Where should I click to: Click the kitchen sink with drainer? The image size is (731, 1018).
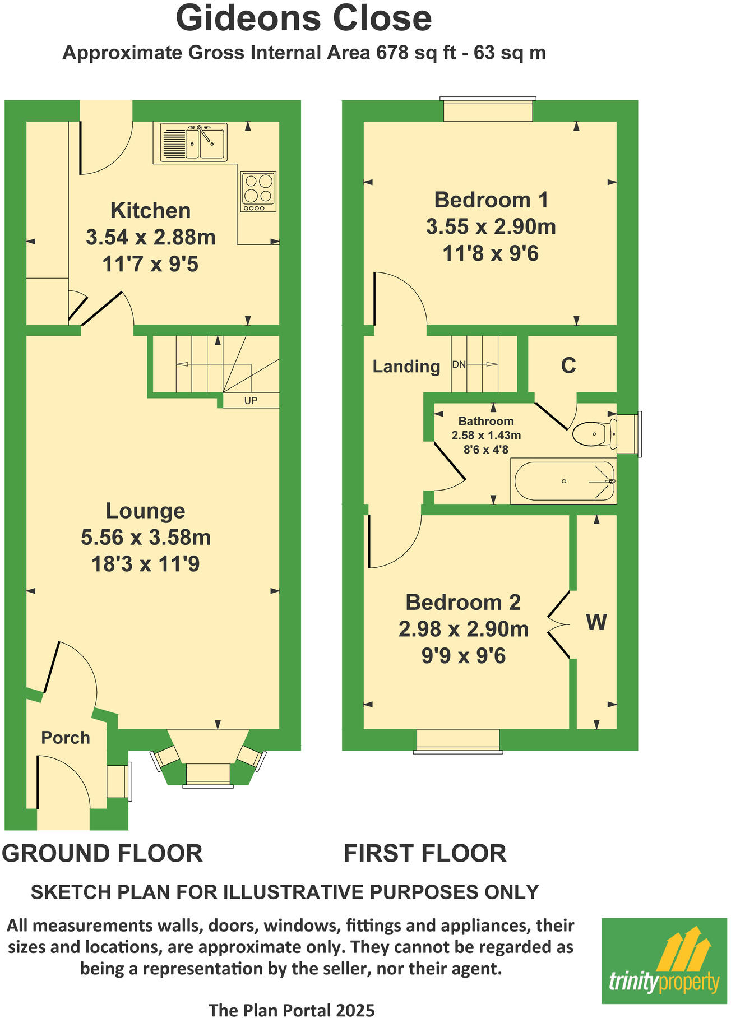tap(193, 142)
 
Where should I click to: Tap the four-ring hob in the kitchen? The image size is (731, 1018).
tap(258, 191)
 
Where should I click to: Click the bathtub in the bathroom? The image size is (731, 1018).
tap(563, 481)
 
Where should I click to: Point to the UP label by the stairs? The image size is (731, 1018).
tap(251, 401)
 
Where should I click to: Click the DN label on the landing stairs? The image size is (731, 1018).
tap(459, 365)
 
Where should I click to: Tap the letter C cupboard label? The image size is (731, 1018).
tap(568, 365)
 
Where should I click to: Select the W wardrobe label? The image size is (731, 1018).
tap(596, 622)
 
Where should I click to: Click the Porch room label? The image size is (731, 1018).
tap(66, 738)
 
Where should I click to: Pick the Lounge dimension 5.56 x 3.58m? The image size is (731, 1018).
tap(146, 538)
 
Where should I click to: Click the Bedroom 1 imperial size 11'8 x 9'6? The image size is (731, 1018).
tap(490, 254)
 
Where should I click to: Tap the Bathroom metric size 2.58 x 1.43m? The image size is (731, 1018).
tap(486, 436)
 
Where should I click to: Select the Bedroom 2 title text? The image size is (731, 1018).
tap(463, 603)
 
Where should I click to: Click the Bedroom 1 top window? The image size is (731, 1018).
tap(488, 110)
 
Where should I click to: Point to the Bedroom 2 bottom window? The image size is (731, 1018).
tap(457, 741)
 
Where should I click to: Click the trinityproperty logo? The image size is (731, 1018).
tap(664, 961)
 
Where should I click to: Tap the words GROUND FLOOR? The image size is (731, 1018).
tap(102, 854)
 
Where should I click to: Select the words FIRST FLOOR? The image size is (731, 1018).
tap(424, 854)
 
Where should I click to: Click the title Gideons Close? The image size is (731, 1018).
tap(304, 18)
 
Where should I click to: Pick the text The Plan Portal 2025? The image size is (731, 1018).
tap(292, 1010)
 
